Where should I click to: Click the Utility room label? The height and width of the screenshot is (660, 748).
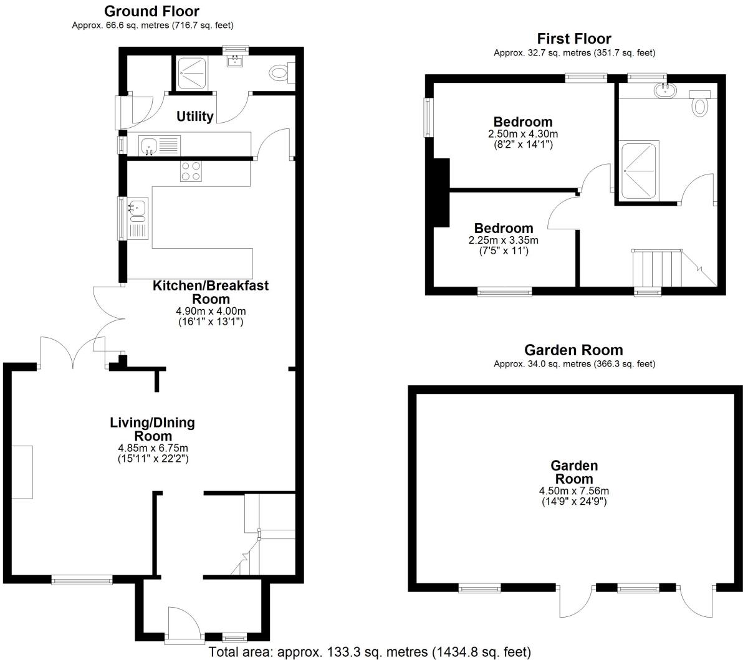coord(194,116)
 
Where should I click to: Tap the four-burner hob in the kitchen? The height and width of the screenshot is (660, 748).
coord(191,171)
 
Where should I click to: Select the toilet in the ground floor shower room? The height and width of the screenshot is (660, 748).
coord(278,73)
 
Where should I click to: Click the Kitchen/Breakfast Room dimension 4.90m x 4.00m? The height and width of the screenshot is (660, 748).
coord(211,311)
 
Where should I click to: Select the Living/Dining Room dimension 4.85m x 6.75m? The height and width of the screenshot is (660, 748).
coord(153,448)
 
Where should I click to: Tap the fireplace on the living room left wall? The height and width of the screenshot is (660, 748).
coord(22,471)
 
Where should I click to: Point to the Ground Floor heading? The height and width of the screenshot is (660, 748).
coord(151,11)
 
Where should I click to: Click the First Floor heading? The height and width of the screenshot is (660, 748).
coord(574,39)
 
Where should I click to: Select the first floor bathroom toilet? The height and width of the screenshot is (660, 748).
coord(701,106)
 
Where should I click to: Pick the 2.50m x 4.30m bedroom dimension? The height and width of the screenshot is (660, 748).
coord(522,134)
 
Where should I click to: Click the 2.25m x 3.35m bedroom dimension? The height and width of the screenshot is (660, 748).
coord(503,241)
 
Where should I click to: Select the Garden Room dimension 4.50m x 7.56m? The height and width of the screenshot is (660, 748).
coord(573,490)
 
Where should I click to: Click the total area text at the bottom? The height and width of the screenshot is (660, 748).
coord(370,652)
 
